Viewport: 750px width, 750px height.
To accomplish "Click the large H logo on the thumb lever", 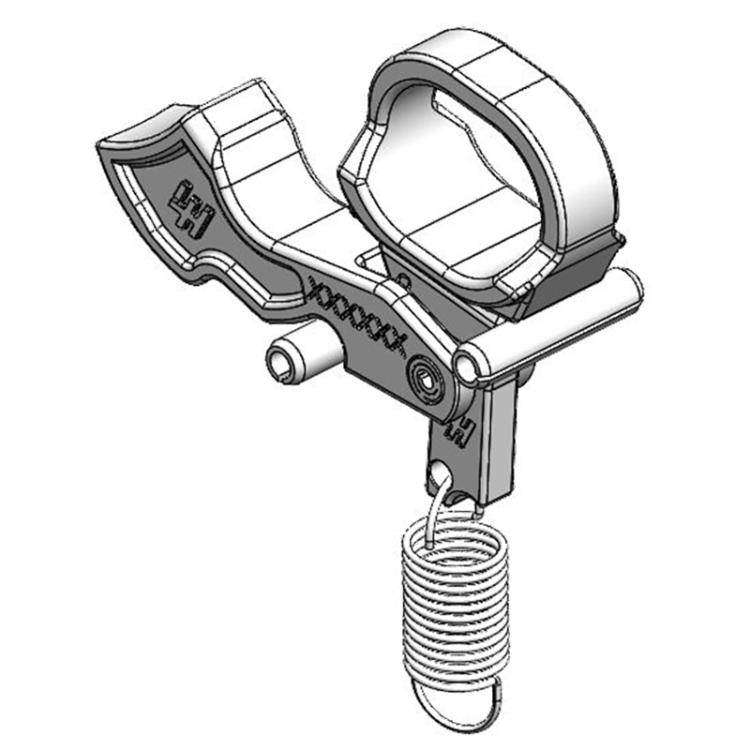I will tap(191, 208).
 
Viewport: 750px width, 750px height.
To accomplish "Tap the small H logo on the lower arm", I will tap(461, 429).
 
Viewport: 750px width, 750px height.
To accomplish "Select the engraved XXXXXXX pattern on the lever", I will tap(361, 314).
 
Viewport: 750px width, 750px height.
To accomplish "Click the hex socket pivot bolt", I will tap(424, 379).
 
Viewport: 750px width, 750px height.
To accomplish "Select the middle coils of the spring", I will tap(452, 591).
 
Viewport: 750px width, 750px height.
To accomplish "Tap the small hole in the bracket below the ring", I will tap(403, 279).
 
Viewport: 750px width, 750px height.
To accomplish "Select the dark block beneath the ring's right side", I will tap(572, 277).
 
